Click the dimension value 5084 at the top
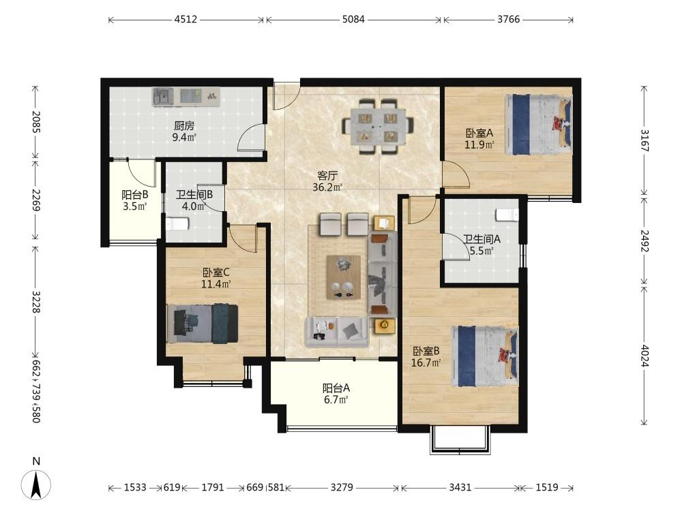[353, 19]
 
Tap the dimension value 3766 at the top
[509, 19]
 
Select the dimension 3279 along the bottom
[342, 488]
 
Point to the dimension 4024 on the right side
[644, 356]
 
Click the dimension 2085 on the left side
[36, 122]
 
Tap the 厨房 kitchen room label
[184, 126]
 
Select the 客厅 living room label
[327, 176]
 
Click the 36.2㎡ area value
[327, 187]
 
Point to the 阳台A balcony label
[336, 388]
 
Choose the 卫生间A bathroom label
[481, 239]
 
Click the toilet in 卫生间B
[177, 223]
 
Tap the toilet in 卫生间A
[507, 215]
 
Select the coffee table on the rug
[343, 277]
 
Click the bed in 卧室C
[203, 323]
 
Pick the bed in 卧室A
[539, 125]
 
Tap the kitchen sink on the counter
[163, 97]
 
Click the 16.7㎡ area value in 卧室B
[426, 362]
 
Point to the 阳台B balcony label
[135, 195]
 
